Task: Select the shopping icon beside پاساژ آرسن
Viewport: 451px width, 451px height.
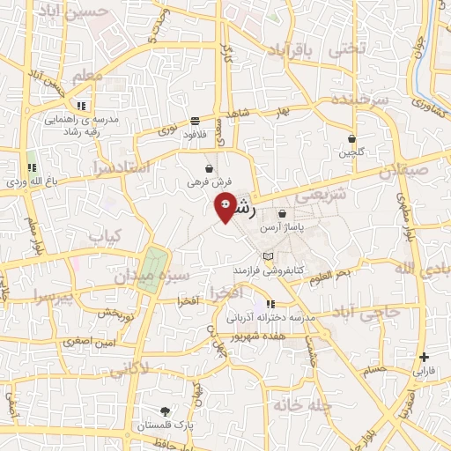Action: (282, 213)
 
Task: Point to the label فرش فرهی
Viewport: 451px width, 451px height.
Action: (209, 182)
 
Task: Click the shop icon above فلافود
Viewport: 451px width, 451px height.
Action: (194, 122)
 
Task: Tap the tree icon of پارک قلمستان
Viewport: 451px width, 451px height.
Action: (166, 410)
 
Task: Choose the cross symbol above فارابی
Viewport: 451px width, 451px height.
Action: (425, 357)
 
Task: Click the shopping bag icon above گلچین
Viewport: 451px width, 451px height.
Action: (351, 138)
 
